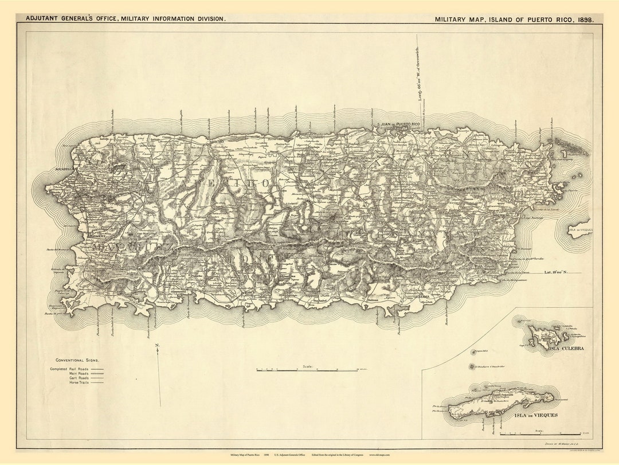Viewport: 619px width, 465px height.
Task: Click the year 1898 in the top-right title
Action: (x=584, y=19)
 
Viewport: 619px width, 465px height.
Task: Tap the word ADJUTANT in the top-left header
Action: (x=44, y=18)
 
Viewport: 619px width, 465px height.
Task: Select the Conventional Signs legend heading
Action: (x=77, y=360)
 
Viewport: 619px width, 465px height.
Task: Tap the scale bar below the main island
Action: (x=307, y=370)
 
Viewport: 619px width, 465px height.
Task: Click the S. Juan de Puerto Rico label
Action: (x=398, y=124)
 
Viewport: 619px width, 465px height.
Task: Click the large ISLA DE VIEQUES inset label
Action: (x=536, y=415)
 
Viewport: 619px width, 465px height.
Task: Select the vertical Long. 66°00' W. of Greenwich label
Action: (x=419, y=75)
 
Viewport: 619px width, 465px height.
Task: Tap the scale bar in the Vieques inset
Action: (x=539, y=433)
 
